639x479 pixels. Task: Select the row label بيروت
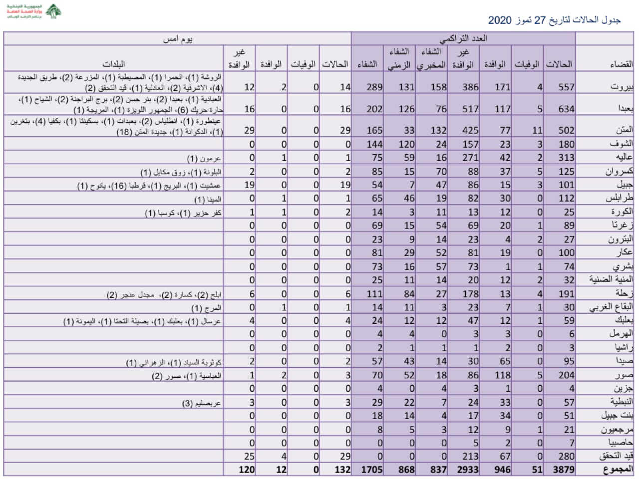[x=622, y=87]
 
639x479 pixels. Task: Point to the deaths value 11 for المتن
[x=537, y=130]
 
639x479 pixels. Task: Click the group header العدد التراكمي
[x=463, y=38]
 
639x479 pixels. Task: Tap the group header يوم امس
[x=178, y=38]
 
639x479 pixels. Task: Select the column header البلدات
[x=114, y=64]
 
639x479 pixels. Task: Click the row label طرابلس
[x=620, y=198]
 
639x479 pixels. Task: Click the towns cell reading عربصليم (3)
[x=201, y=403]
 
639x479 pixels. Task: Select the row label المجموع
[x=619, y=469]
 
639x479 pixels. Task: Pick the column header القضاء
[x=621, y=64]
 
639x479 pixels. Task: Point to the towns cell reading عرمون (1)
[x=204, y=159]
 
